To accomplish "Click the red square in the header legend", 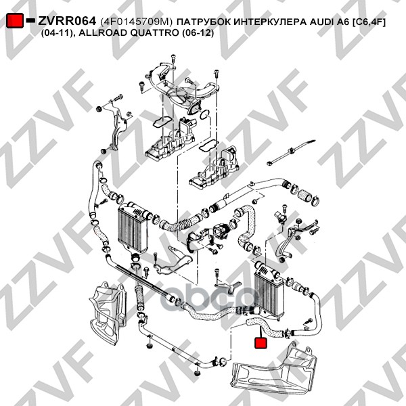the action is (x=15, y=20).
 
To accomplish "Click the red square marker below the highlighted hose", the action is (x=261, y=342).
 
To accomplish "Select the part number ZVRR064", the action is (x=67, y=21).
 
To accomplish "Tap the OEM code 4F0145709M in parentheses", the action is (x=136, y=22).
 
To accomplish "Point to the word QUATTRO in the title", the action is (x=154, y=33).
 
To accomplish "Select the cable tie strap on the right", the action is (x=291, y=153).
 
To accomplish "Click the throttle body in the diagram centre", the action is (x=221, y=231).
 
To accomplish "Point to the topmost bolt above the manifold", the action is (x=173, y=59).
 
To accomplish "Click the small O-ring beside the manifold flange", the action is (x=205, y=114).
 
